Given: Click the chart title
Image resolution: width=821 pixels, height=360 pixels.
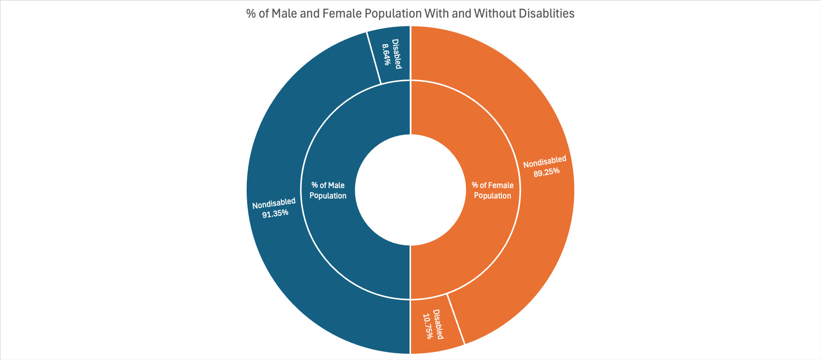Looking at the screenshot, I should pos(410,13).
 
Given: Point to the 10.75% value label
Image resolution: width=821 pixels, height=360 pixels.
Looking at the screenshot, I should pos(428,326).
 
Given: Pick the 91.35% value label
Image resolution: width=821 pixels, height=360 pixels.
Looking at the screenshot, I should pos(275,213).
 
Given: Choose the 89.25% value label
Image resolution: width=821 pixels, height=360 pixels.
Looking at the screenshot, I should pos(546,172).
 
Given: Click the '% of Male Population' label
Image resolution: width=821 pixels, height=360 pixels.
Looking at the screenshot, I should pos(328,190).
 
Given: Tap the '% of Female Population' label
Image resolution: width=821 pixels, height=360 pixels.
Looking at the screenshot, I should pos(492,190).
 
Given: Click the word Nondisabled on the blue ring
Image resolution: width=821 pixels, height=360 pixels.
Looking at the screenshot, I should pos(274,203).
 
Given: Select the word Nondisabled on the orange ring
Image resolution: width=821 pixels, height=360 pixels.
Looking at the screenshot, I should pos(545,162).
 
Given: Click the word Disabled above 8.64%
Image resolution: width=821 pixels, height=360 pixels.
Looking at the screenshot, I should pos(396,54).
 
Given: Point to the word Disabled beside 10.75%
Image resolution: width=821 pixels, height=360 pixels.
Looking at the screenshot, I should pos(438,325).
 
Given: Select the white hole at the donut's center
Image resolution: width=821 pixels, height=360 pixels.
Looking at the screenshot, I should pos(410,190).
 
